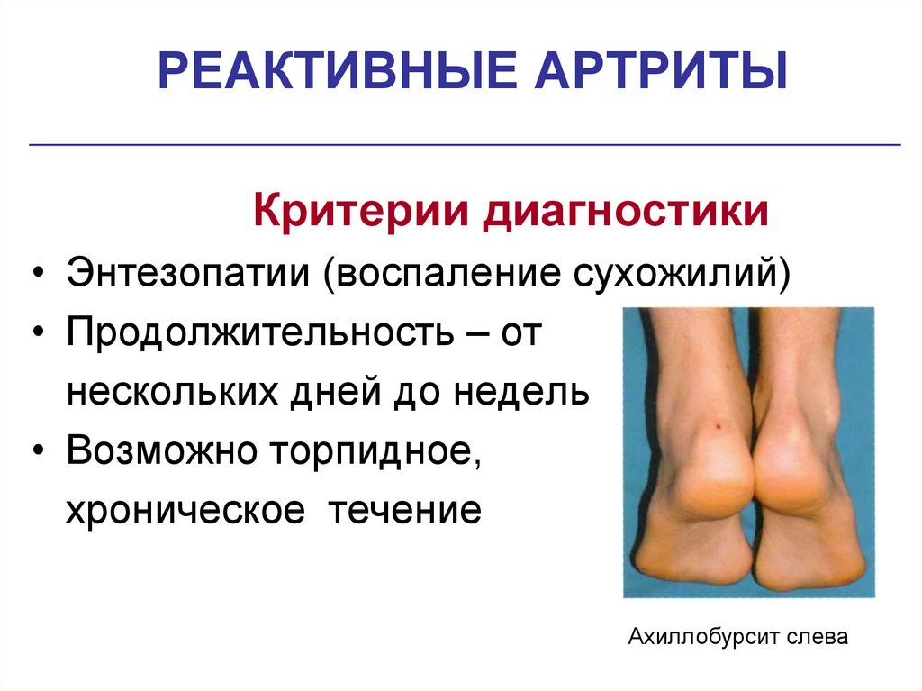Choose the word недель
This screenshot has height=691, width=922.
(x=534, y=393)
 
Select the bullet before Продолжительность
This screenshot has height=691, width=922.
(x=37, y=335)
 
